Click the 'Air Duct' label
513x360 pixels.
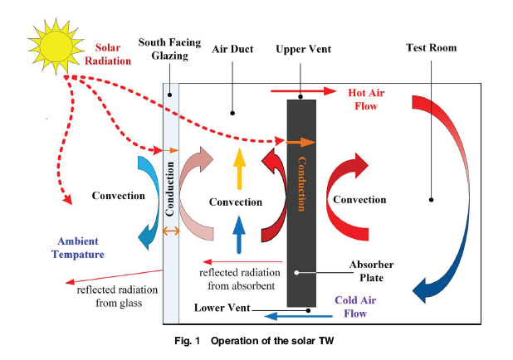click(x=232, y=49)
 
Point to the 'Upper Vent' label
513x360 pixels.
click(x=303, y=49)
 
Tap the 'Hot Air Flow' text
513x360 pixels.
click(x=363, y=100)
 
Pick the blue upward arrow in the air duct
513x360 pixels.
click(x=238, y=233)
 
